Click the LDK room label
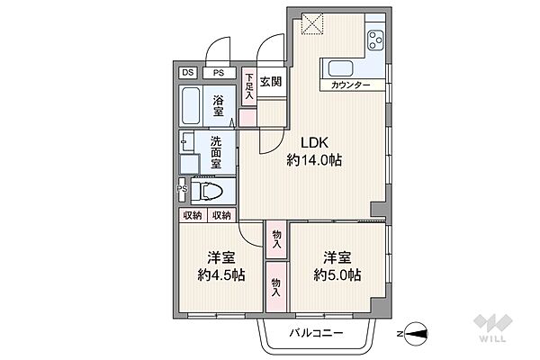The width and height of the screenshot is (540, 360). point(301,142)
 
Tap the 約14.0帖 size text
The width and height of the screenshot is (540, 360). point(314,160)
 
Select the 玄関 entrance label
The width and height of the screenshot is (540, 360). point(271,80)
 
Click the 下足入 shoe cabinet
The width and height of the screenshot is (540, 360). point(249,87)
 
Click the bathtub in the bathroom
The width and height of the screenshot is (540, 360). point(192,105)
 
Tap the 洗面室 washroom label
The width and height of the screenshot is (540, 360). point(219,148)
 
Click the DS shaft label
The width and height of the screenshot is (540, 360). point(187,74)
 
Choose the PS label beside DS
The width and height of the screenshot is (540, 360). point(218,74)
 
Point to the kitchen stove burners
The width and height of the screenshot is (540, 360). point(374,41)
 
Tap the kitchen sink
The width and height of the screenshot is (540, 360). point(343,68)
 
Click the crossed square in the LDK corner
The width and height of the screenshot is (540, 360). point(312,22)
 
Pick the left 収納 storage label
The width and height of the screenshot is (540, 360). point(193,215)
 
